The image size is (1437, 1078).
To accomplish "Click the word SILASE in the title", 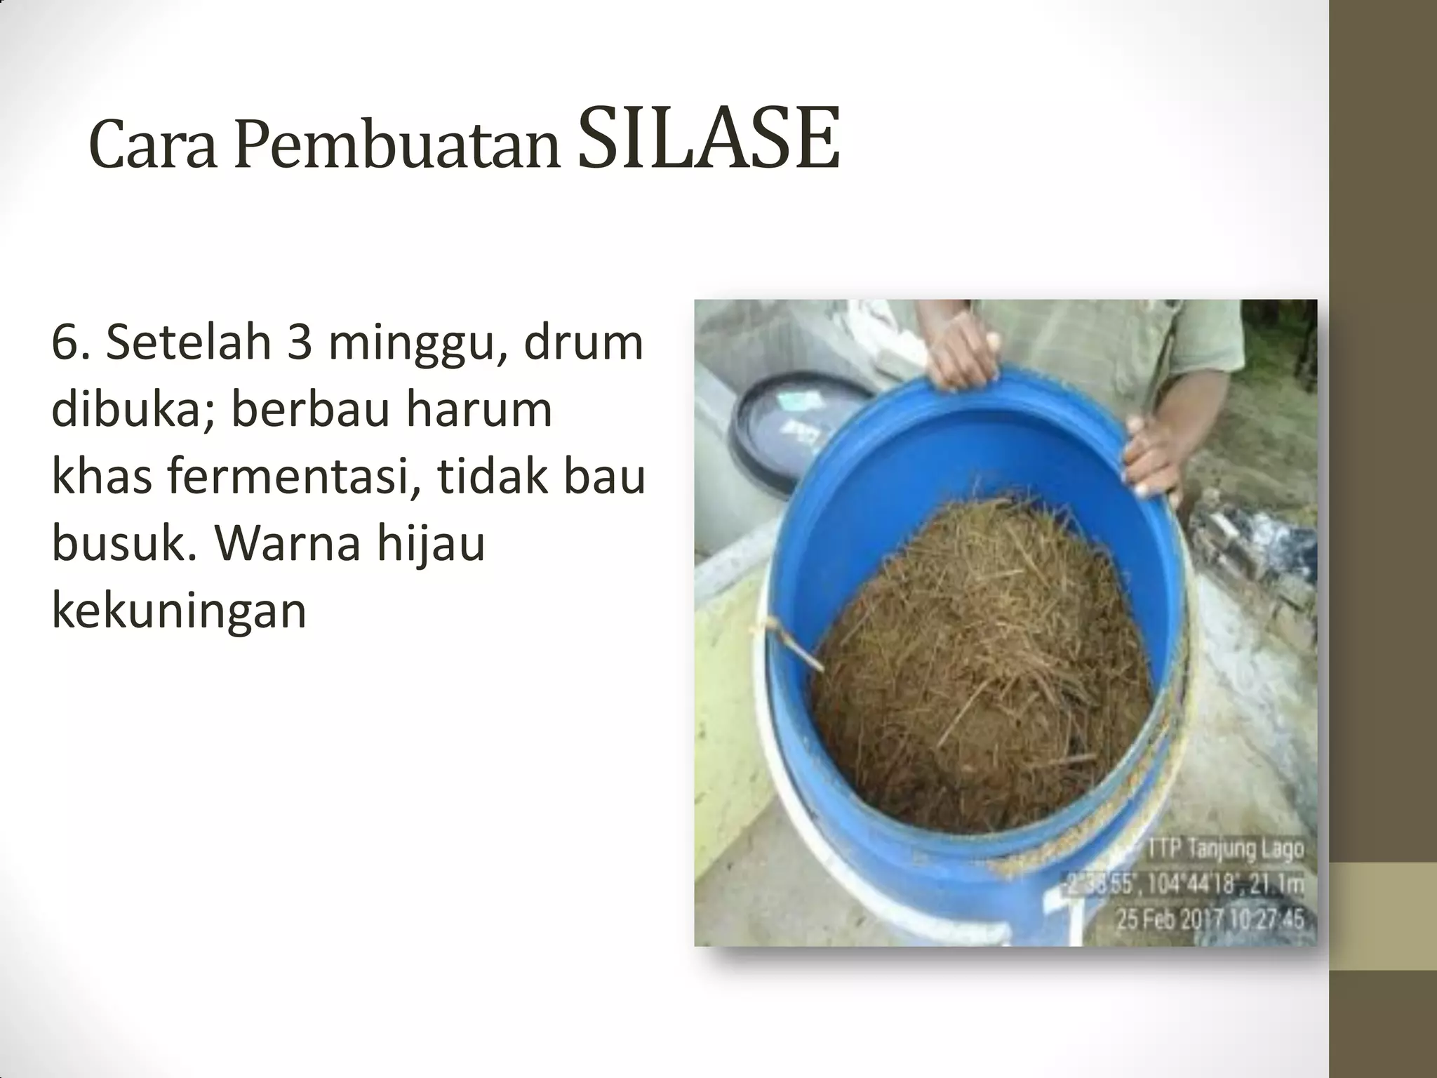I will click(x=709, y=140).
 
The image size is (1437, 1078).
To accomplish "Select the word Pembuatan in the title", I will click(x=397, y=147).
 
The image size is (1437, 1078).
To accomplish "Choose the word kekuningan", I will click(x=179, y=611).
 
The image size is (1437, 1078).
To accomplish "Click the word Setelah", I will click(x=189, y=343).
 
